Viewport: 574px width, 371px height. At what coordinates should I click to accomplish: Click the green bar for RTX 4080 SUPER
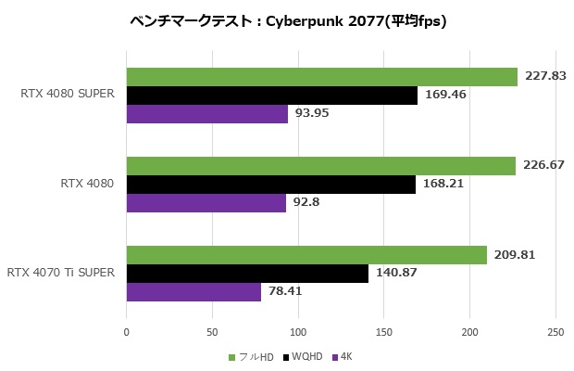pyautogui.click(x=321, y=77)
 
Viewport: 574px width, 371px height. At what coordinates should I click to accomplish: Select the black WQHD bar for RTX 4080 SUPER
pyautogui.click(x=271, y=96)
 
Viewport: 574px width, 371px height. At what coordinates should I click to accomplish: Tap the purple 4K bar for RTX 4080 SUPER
pyautogui.click(x=206, y=114)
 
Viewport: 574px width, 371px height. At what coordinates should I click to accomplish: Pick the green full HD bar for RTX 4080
pyautogui.click(x=320, y=166)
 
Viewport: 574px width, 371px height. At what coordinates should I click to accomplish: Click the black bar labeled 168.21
pyautogui.click(x=270, y=185)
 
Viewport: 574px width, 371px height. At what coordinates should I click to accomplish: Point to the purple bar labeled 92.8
pyautogui.click(x=206, y=203)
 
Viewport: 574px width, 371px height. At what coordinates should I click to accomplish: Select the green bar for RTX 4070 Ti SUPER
pyautogui.click(x=306, y=255)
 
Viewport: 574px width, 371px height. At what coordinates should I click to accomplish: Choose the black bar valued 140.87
pyautogui.click(x=247, y=274)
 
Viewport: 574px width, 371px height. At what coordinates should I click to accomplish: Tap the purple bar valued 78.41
pyautogui.click(x=193, y=292)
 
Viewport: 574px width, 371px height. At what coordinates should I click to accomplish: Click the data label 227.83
pyautogui.click(x=545, y=77)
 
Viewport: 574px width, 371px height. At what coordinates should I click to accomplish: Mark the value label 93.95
pyautogui.click(x=311, y=114)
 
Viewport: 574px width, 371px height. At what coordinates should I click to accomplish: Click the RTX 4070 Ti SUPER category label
pyautogui.click(x=61, y=273)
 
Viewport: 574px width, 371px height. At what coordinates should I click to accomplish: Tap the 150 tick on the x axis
pyautogui.click(x=384, y=332)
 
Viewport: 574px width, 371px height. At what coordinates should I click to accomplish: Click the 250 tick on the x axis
pyautogui.click(x=555, y=332)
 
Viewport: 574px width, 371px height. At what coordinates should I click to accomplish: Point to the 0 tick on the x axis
pyautogui.click(x=127, y=332)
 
